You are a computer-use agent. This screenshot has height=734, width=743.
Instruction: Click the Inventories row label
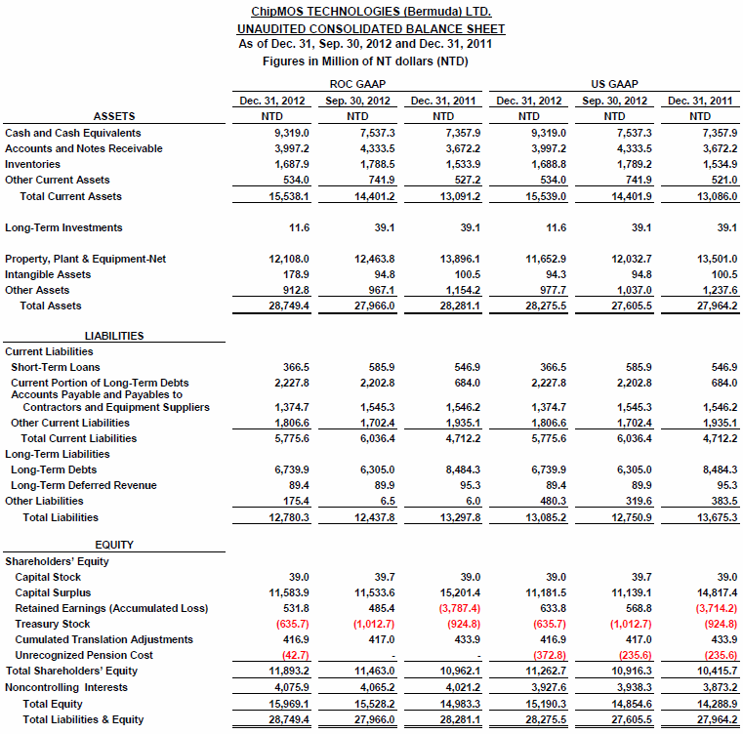click(32, 164)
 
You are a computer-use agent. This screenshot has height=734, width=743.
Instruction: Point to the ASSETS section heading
click(114, 116)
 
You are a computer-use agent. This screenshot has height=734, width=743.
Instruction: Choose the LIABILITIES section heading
click(114, 336)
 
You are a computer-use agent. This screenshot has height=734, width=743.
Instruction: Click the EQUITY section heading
click(114, 545)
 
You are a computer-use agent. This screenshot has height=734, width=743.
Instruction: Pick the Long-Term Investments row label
click(63, 227)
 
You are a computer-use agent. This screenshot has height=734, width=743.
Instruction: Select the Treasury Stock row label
click(52, 624)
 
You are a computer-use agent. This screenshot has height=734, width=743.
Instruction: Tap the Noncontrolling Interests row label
click(66, 687)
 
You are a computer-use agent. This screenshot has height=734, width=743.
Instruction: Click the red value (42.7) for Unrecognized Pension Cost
click(294, 655)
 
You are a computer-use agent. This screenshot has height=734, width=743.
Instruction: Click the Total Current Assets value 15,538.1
click(289, 196)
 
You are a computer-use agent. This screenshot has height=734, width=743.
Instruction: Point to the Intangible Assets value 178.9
click(294, 274)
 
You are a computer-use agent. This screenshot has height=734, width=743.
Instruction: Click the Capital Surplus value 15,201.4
click(458, 592)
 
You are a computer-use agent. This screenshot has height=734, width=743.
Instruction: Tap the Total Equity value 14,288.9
click(714, 704)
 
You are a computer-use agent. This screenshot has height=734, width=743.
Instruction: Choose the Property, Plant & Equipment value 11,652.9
click(544, 259)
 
